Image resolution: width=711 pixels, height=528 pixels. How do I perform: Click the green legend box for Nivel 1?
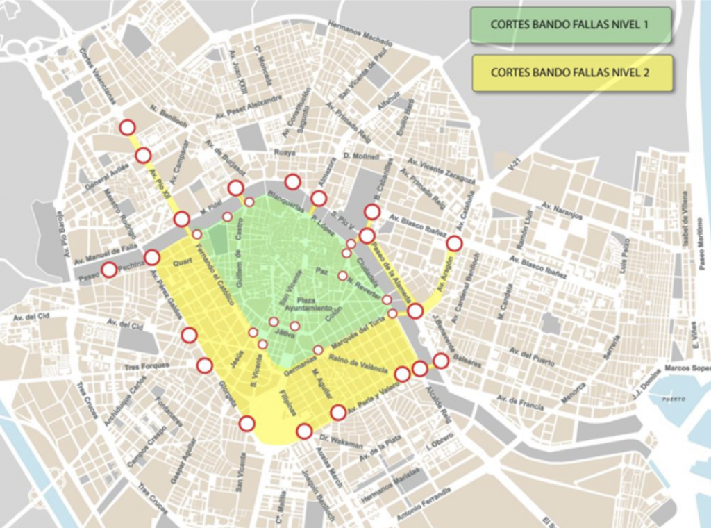tap(571, 25)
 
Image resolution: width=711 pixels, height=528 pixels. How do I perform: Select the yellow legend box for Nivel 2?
tap(572, 72)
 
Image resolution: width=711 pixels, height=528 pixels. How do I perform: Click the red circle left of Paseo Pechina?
tap(109, 270)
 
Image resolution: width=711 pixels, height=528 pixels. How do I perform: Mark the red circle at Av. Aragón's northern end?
tap(454, 243)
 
